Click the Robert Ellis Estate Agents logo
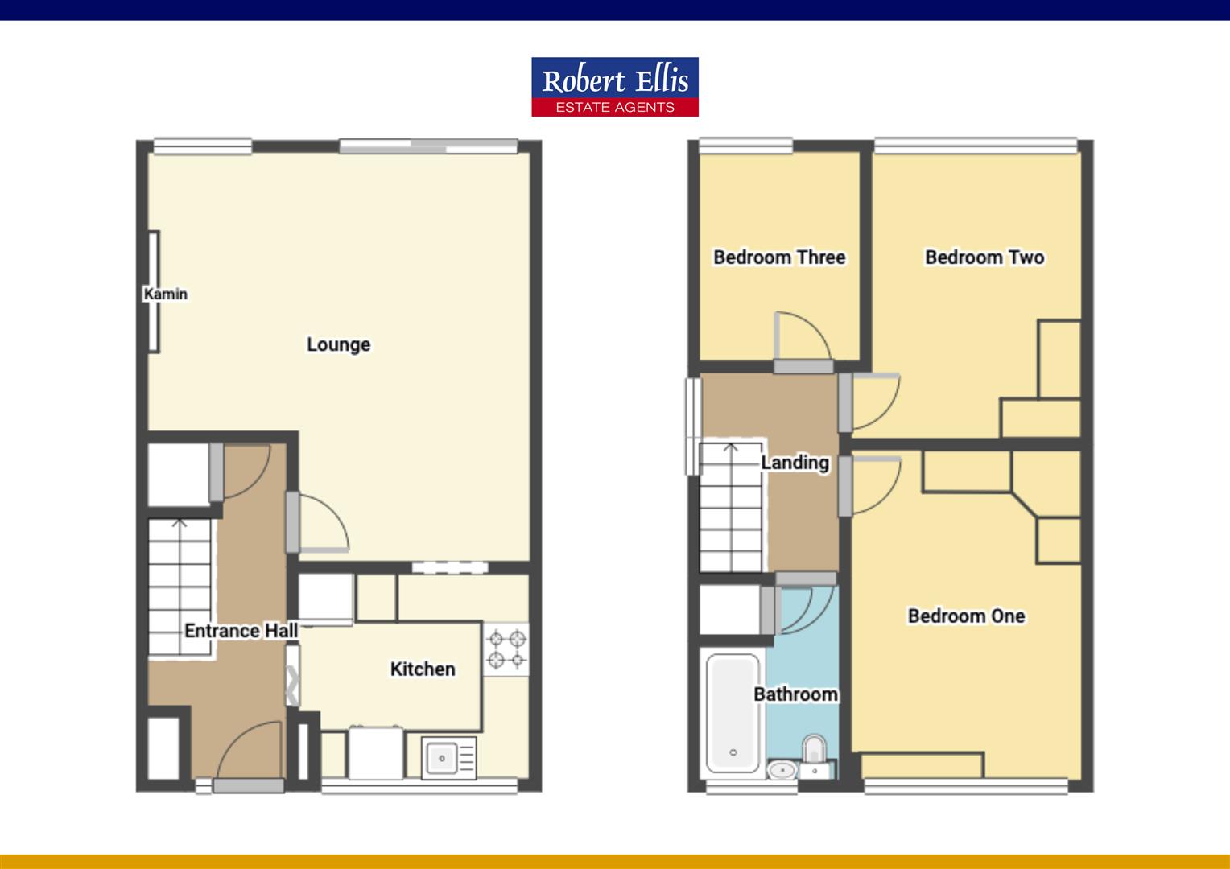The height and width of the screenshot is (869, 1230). (x=614, y=87)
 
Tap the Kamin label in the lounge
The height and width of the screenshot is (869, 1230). (x=166, y=294)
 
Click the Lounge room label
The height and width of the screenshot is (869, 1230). (x=338, y=344)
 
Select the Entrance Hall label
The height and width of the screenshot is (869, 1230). (x=241, y=631)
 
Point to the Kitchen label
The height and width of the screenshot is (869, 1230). (x=423, y=669)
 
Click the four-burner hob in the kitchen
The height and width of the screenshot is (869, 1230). (x=506, y=650)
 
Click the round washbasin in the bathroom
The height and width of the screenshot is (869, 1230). (x=780, y=771)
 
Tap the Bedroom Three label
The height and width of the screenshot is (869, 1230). (x=779, y=257)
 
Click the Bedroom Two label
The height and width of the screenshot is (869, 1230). (x=984, y=257)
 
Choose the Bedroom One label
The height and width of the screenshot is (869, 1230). (x=966, y=616)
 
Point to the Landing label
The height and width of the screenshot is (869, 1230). (x=795, y=463)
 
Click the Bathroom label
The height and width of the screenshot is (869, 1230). (x=795, y=694)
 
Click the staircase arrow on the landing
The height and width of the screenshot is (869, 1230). (x=731, y=446)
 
